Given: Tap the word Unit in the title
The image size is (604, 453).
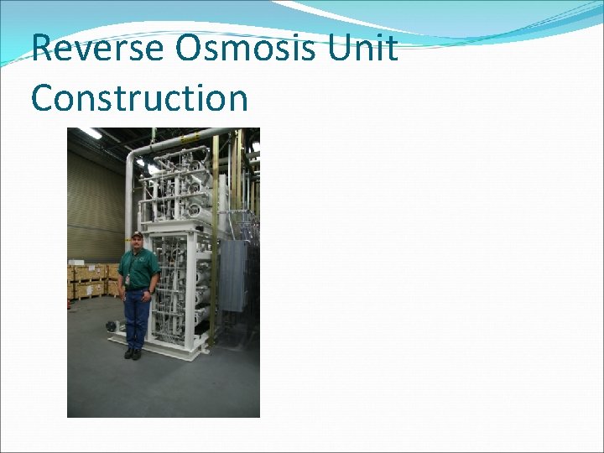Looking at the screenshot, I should pos(362,49).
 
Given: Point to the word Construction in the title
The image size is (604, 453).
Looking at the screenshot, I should pos(139,98).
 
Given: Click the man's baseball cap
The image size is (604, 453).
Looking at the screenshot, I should pos(137,234).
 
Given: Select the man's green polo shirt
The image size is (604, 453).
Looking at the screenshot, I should pos(138,267).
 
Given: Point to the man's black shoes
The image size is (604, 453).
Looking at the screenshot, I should pos(133,353).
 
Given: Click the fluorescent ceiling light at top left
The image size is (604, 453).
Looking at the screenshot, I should pos(90,133).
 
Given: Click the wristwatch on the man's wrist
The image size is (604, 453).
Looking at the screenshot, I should pos(150,291).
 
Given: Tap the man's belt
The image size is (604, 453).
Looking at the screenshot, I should pos(137,289).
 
